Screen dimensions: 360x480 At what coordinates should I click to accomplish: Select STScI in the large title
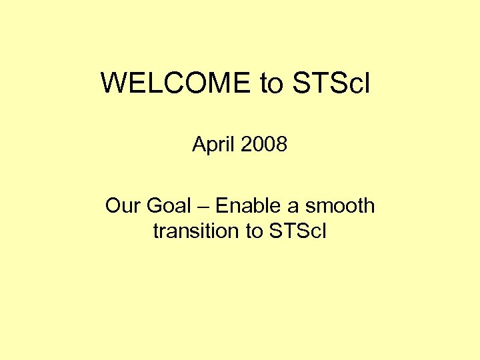[330, 83]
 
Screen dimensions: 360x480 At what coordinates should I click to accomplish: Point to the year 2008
[264, 144]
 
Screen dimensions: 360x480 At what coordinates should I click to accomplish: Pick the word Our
[121, 206]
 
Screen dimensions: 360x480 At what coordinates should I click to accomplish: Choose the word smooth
[340, 206]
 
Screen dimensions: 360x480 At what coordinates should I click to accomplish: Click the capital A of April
[199, 144]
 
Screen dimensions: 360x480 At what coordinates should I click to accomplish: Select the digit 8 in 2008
[281, 144]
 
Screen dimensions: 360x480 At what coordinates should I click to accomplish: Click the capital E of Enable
[222, 206]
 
